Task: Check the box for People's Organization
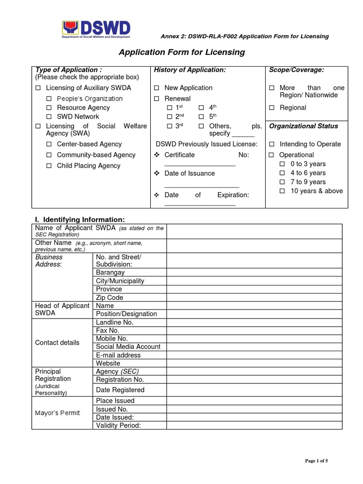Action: tap(49, 99)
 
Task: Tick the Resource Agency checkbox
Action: tap(49, 108)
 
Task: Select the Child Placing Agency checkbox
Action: tap(49, 166)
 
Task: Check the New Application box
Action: tap(156, 88)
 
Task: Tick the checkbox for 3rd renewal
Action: tap(169, 126)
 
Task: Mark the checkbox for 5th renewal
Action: tap(201, 117)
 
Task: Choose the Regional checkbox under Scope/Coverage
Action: tap(272, 108)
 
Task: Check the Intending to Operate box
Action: tap(272, 144)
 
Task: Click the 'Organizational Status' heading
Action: tap(303, 126)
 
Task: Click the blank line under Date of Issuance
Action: tap(201, 185)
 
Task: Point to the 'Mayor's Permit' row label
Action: tap(58, 413)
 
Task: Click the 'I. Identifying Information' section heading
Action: tap(80, 219)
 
